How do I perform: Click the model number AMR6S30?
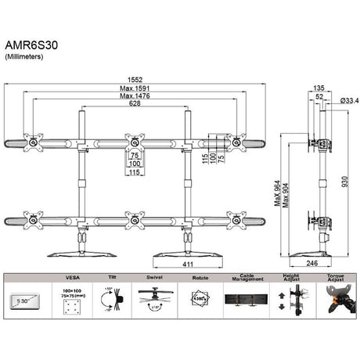point(31,46)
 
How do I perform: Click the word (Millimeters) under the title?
point(25,58)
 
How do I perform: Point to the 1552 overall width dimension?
point(135,78)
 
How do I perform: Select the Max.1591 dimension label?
point(135,89)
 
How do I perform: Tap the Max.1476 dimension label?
point(135,99)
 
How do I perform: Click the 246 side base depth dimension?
point(311,265)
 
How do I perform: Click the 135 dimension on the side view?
point(319,88)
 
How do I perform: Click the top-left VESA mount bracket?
point(34,142)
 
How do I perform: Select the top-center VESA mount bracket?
point(135,142)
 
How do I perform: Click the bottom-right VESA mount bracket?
point(236,221)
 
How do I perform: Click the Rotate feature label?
point(199,276)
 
